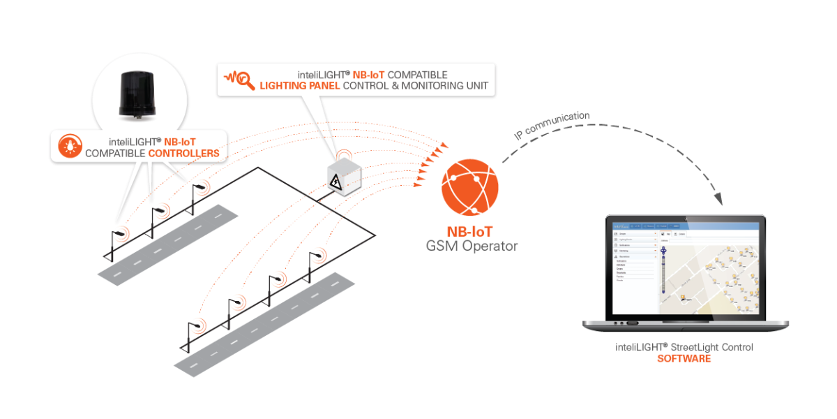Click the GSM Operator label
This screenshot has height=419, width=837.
[x=472, y=246]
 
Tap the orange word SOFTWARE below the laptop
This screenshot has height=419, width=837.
[x=684, y=359]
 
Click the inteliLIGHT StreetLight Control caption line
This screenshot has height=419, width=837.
[x=684, y=347]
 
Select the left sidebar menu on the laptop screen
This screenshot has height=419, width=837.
[x=635, y=262]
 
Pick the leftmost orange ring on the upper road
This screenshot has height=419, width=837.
[x=121, y=233]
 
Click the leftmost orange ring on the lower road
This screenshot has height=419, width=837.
[x=198, y=325]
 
